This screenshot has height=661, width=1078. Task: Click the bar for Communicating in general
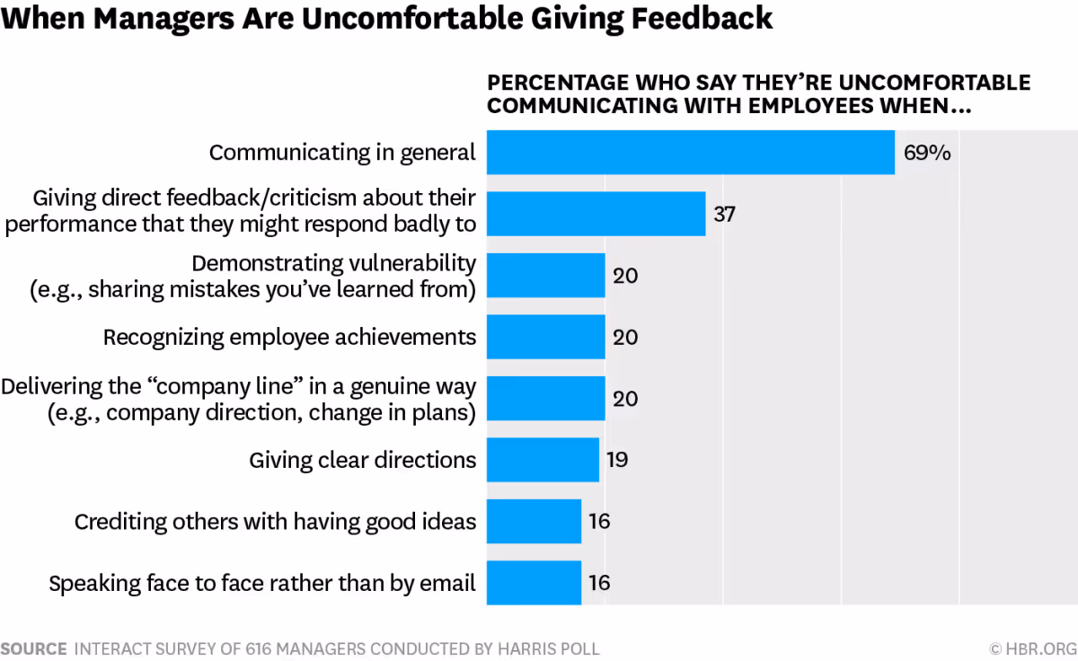coord(690,153)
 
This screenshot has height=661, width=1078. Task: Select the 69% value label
coord(926,153)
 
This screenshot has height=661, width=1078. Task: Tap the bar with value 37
coord(596,214)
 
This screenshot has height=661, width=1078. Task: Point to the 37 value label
coord(724,215)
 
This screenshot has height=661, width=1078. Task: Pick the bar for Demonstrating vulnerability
coord(545,276)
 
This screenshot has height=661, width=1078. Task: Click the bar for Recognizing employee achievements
coord(545,337)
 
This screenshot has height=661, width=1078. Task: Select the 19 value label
coord(616,460)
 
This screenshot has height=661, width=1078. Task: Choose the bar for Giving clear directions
coord(543,460)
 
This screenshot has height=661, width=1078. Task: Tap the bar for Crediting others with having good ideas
coord(534,522)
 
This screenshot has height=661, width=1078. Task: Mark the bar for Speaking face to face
coord(534,583)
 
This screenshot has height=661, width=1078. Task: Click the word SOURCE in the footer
coord(33,648)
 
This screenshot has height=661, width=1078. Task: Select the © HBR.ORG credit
coord(1032,648)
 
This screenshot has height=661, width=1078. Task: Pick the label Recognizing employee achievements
coord(289,337)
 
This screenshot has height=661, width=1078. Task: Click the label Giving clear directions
coord(362,460)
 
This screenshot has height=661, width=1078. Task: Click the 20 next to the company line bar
coord(625,399)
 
